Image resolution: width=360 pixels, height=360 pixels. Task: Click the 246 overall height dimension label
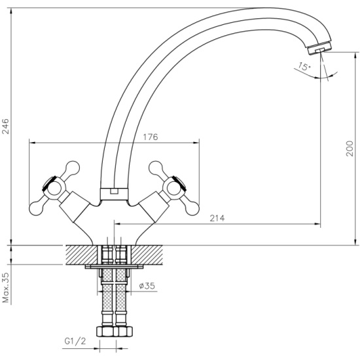pyautogui.click(x=5, y=126)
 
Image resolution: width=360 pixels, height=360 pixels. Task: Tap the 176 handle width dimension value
pyautogui.click(x=151, y=137)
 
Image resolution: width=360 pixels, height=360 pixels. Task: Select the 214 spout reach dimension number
pyautogui.click(x=217, y=218)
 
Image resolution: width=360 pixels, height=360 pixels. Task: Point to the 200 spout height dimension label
pyautogui.click(x=350, y=149)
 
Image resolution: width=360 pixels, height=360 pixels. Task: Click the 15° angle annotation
pyautogui.click(x=304, y=66)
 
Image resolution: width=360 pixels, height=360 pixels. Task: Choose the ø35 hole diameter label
pyautogui.click(x=147, y=286)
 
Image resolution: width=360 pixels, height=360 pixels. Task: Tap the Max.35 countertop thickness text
pyautogui.click(x=5, y=288)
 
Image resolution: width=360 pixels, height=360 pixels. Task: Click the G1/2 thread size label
pyautogui.click(x=75, y=341)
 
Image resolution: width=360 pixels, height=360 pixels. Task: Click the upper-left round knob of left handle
pyautogui.click(x=73, y=168)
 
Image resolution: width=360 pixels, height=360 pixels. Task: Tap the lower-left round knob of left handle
pyautogui.click(x=36, y=208)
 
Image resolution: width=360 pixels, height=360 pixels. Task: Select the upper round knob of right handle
pyautogui.click(x=156, y=168)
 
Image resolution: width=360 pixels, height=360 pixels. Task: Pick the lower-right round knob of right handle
pyautogui.click(x=192, y=209)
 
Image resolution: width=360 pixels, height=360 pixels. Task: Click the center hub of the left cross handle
pyautogui.click(x=54, y=189)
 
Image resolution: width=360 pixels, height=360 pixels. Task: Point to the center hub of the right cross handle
pyautogui.click(x=174, y=189)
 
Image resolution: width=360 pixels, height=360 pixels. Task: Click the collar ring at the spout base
pyautogui.click(x=114, y=194)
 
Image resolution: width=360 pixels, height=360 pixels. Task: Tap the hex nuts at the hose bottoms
pyautogui.click(x=115, y=331)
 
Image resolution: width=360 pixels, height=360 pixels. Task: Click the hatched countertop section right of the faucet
pyautogui.click(x=147, y=255)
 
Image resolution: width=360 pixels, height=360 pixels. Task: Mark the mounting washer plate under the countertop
pyautogui.click(x=114, y=266)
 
